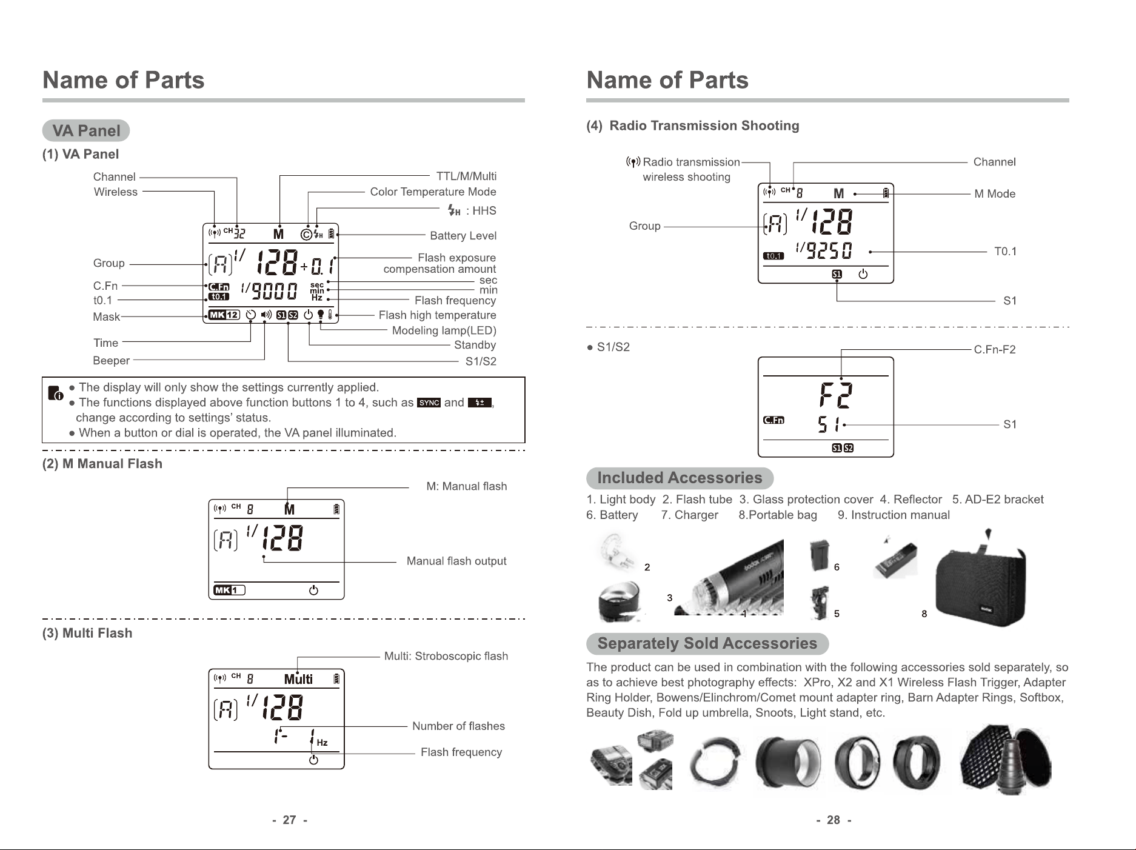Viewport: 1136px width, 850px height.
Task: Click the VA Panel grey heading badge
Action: pos(86,130)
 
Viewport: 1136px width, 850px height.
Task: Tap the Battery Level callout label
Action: pos(463,236)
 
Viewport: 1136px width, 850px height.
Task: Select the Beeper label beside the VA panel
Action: pos(111,361)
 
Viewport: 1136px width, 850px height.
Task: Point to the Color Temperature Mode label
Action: pos(433,192)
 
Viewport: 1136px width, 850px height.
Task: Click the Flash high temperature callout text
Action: pos(437,315)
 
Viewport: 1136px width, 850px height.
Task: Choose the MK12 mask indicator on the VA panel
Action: pos(224,315)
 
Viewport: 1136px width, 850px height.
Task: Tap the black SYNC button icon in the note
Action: pos(429,403)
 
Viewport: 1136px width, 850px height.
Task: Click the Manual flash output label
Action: pos(456,561)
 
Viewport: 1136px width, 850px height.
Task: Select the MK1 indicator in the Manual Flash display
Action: pos(229,591)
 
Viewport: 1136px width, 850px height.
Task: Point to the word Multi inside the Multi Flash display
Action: pos(298,679)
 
